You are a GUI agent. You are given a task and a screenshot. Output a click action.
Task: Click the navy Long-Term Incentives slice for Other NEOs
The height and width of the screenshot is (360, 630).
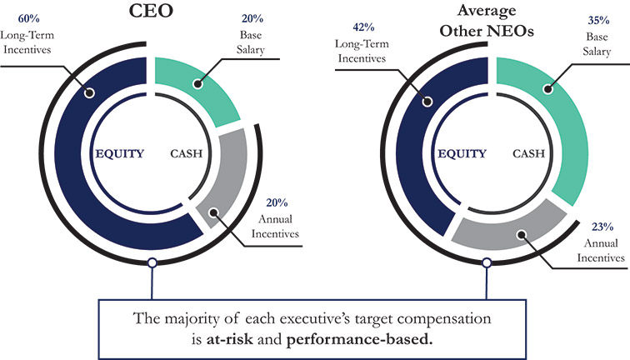coord(425,150)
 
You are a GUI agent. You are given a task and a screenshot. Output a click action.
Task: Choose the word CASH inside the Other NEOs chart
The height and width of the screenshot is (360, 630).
coord(529,153)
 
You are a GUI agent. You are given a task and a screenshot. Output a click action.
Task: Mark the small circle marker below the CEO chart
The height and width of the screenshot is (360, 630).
coord(152,263)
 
